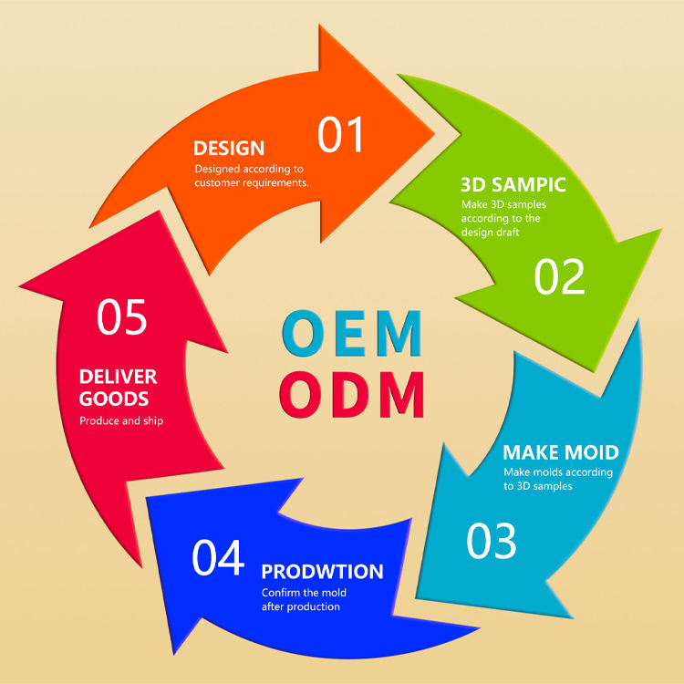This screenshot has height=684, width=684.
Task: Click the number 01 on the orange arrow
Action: click(x=341, y=134)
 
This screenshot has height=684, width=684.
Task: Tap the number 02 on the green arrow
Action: click(x=559, y=277)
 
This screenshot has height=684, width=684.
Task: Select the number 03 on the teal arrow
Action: click(x=492, y=541)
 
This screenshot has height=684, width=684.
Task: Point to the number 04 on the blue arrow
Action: click(x=218, y=558)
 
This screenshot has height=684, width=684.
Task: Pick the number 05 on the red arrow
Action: click(x=122, y=317)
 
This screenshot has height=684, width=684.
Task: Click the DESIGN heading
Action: click(x=229, y=148)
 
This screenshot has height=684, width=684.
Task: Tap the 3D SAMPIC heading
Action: click(x=513, y=184)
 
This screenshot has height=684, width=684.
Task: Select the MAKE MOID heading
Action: click(x=561, y=452)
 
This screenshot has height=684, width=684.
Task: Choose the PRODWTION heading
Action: click(x=322, y=572)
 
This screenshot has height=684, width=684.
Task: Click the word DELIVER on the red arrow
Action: click(x=118, y=377)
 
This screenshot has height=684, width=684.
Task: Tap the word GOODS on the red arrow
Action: click(x=114, y=399)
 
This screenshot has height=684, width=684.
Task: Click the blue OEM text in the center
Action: click(x=352, y=334)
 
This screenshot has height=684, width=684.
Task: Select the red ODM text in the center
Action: click(x=352, y=394)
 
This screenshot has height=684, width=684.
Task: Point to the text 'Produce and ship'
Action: click(x=121, y=421)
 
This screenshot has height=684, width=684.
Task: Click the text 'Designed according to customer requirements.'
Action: click(x=252, y=175)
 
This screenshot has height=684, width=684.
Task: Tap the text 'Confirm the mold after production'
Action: click(x=304, y=600)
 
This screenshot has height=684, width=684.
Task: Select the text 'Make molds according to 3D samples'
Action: click(x=558, y=480)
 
